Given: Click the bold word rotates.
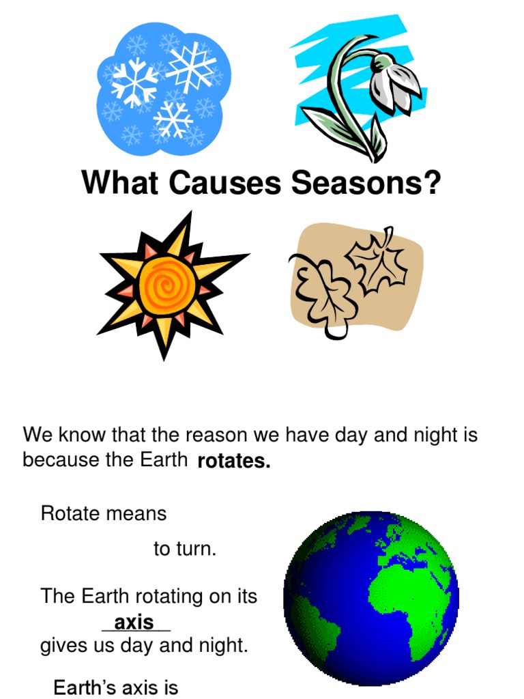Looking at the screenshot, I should [234, 462].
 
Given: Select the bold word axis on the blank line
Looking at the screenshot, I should [134, 623].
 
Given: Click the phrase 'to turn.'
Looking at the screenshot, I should [185, 550].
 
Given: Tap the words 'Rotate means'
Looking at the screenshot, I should [104, 513].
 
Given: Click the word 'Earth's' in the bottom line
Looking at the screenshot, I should [87, 687].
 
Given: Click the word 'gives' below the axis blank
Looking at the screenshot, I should [62, 645].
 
